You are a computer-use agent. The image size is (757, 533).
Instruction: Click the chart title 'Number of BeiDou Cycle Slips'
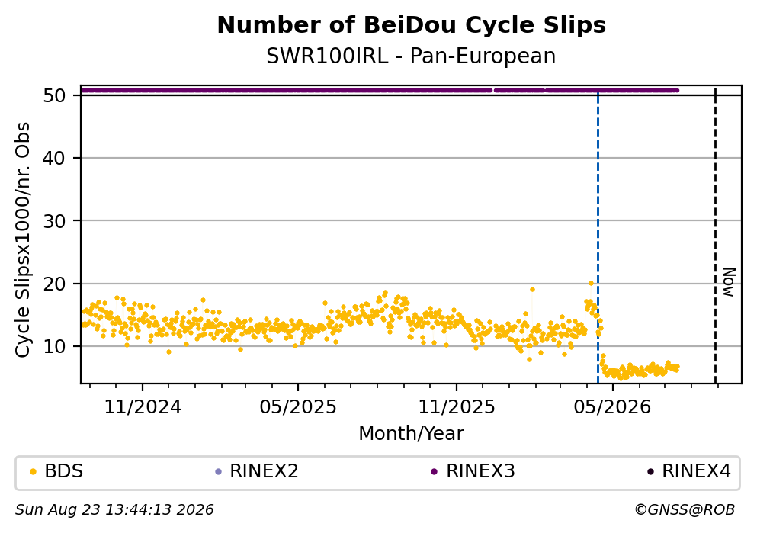(x=412, y=25)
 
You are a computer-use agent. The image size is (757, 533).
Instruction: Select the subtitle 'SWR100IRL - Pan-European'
(x=412, y=56)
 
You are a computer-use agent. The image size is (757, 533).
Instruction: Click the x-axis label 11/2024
(x=143, y=407)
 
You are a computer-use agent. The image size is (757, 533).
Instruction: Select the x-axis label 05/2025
(x=298, y=407)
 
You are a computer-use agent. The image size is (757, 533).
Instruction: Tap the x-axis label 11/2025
(x=456, y=407)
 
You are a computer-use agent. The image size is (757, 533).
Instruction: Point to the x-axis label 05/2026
(x=612, y=407)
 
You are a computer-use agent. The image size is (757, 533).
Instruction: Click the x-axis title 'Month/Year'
(x=412, y=434)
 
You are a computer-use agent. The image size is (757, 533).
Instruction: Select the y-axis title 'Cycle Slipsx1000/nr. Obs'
(x=23, y=239)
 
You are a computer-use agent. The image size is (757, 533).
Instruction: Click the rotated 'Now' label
(x=730, y=282)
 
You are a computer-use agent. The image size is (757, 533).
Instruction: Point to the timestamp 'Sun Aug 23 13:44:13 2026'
(x=114, y=510)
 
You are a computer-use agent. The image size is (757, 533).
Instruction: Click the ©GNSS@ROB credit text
(x=685, y=510)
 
